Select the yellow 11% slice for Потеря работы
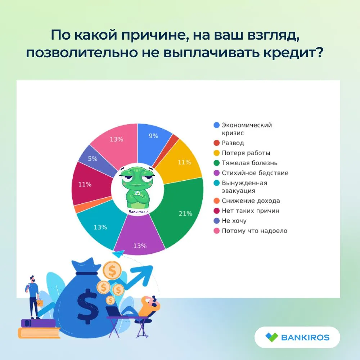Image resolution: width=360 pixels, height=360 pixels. (x=181, y=162)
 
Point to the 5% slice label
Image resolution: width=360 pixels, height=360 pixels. (x=93, y=159)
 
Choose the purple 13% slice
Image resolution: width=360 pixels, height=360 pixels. (x=139, y=237)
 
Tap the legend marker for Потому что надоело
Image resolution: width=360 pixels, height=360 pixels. (x=216, y=231)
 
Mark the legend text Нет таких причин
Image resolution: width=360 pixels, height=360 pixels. (x=251, y=211)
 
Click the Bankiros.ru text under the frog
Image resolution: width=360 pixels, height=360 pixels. (x=138, y=211)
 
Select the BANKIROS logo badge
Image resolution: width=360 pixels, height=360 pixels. (x=297, y=337)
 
